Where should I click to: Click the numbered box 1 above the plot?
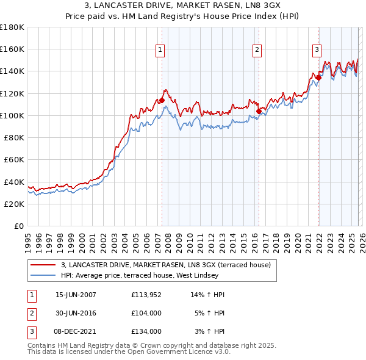point(160,50)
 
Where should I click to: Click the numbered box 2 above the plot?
point(257,50)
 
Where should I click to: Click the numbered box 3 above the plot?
point(317,50)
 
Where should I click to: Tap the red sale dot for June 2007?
point(162,100)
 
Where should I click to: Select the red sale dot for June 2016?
point(259,111)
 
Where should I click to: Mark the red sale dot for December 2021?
point(318,77)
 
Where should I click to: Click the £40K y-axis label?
point(13,182)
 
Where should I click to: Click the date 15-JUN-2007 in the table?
point(76,295)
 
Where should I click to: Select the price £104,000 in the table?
point(146,313)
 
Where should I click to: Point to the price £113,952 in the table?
point(146,295)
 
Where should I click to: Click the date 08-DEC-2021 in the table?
point(76,331)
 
